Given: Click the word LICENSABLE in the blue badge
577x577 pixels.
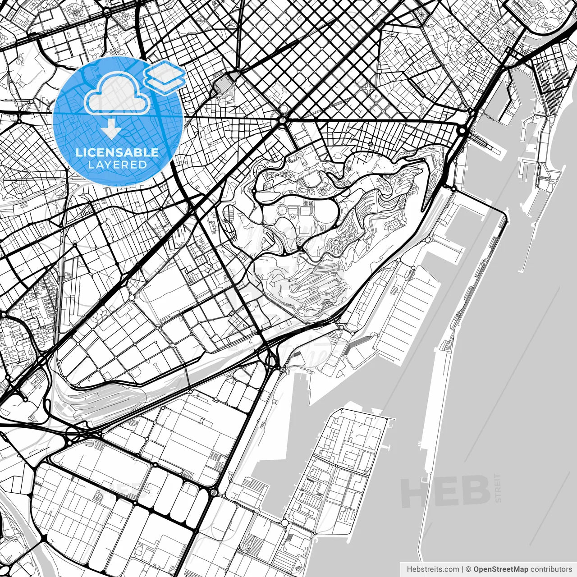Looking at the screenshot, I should [117, 153].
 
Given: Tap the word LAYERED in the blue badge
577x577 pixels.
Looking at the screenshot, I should [117, 165].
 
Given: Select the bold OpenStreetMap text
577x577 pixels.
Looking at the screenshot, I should [501, 569].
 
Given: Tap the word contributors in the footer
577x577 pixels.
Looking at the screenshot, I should [551, 569].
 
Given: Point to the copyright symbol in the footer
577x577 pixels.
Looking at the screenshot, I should [468, 569].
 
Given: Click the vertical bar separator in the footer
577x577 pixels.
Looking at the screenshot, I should [463, 569].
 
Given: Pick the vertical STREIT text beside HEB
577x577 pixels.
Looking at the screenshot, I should [498, 488].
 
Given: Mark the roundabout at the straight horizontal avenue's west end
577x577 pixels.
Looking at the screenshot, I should [283, 120].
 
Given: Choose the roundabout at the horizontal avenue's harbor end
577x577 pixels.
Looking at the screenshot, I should [463, 131].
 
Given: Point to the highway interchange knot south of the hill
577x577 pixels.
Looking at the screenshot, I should [272, 358].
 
